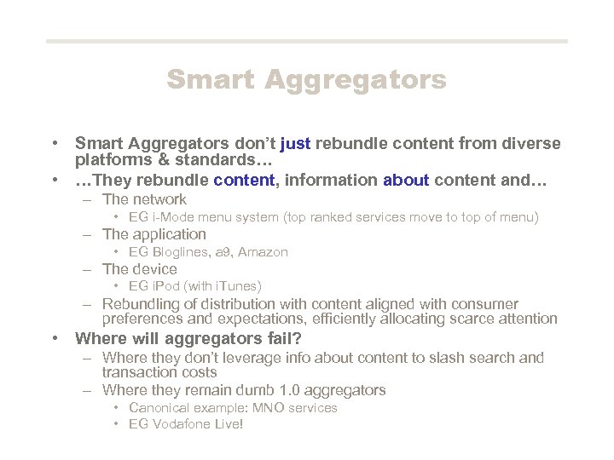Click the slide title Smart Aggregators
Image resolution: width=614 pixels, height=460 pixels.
[x=306, y=79]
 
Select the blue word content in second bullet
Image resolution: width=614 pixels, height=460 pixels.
[x=244, y=180]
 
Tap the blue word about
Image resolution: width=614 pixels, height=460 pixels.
[x=406, y=180]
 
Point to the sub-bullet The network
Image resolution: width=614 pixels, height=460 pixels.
[x=143, y=199]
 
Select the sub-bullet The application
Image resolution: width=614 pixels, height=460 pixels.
[x=153, y=234]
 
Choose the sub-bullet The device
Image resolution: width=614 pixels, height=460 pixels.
[x=139, y=269]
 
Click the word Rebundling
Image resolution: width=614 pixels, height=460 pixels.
[x=141, y=304]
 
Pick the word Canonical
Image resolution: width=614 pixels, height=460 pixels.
[x=160, y=408]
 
